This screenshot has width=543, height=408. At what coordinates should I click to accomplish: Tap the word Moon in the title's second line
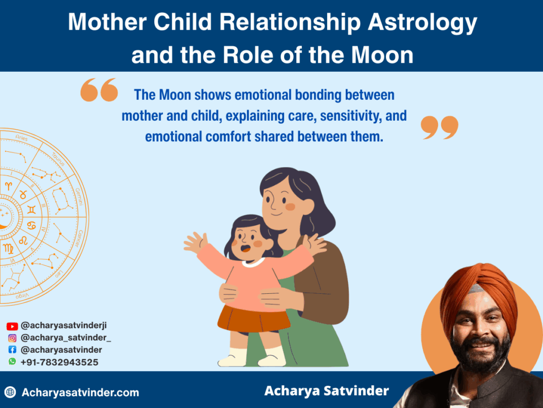[382, 55]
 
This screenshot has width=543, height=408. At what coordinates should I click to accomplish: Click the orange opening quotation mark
[99, 90]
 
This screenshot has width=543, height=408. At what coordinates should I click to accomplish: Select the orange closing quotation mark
[440, 127]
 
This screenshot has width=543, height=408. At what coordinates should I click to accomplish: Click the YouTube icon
[12, 326]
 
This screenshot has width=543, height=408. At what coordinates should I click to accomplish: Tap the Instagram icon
[12, 338]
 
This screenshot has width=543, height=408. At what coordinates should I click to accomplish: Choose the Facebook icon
[12, 350]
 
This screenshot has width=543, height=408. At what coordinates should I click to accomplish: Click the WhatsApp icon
[12, 361]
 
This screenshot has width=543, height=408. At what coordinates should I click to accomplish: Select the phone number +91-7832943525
[59, 362]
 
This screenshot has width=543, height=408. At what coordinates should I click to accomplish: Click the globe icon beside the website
[11, 392]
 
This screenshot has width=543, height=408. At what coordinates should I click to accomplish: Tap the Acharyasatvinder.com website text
[81, 393]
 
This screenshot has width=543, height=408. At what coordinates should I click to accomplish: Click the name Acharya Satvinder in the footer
[326, 391]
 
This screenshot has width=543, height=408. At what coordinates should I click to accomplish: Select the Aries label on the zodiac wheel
[21, 138]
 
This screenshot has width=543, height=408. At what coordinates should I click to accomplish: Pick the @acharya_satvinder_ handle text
[66, 338]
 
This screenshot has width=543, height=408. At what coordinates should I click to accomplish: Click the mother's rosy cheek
[290, 207]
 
